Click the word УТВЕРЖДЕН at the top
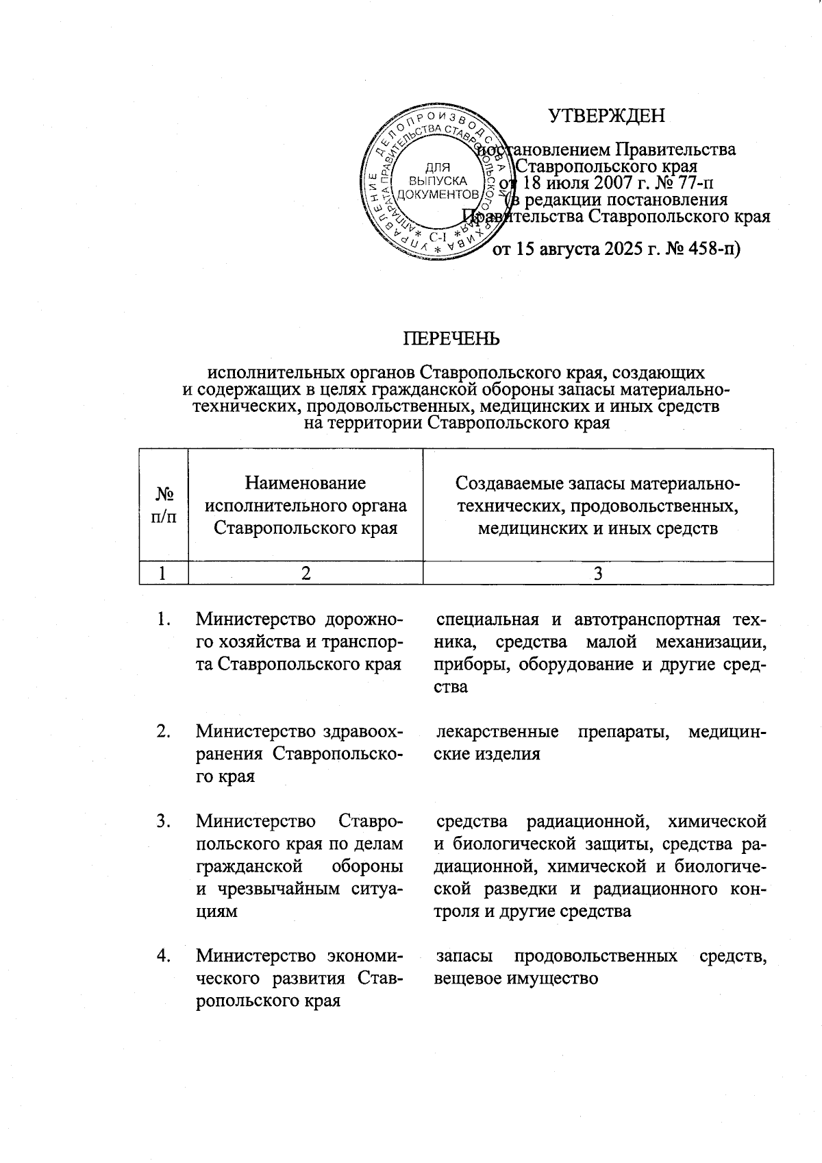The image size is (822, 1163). (x=606, y=115)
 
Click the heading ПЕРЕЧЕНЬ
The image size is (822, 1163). (x=450, y=339)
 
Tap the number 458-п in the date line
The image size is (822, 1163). (x=710, y=249)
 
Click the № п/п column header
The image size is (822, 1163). (x=164, y=505)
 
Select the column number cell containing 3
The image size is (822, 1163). (x=597, y=574)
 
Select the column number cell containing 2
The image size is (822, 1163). (x=306, y=574)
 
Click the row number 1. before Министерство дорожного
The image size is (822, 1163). (x=163, y=620)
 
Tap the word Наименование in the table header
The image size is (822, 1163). (x=306, y=484)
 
